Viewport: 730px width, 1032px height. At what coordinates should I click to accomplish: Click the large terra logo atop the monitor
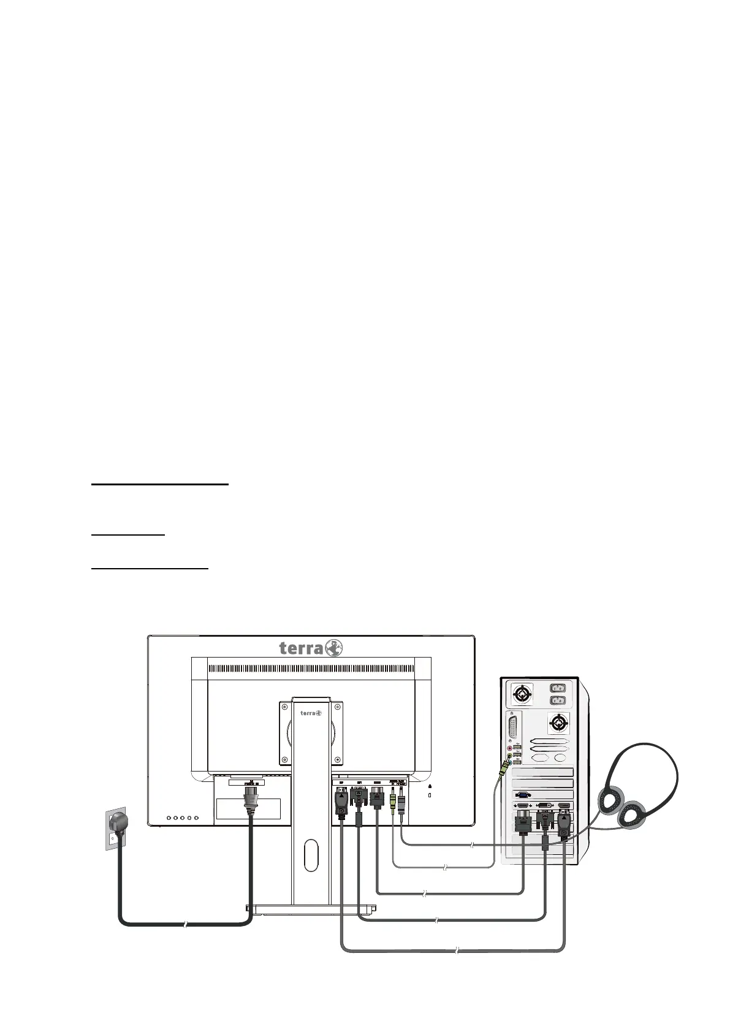311,648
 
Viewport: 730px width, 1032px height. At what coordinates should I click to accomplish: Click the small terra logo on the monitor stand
311,713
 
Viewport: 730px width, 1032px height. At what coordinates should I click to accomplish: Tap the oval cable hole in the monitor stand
311,854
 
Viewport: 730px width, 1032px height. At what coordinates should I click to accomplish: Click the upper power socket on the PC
558,688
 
